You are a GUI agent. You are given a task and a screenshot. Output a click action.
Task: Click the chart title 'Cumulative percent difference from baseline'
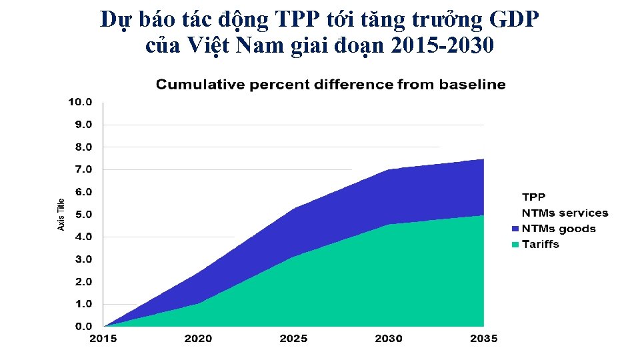[x=330, y=85]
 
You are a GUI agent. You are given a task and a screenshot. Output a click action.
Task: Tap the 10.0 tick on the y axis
[x=79, y=102]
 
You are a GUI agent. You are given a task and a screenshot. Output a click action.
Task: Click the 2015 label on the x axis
[x=103, y=339]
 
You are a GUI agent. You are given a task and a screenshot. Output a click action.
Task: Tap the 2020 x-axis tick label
[x=198, y=339]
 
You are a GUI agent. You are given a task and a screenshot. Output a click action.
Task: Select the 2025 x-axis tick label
[x=293, y=339]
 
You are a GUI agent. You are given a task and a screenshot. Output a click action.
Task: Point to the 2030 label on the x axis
[x=389, y=339]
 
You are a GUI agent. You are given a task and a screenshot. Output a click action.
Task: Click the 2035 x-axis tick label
[x=483, y=339]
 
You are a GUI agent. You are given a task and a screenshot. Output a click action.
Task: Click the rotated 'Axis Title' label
[x=61, y=215]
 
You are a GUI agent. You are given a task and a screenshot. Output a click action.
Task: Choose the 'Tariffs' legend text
[x=541, y=244]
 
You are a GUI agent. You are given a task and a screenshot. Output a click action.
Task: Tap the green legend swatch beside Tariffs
[x=515, y=245]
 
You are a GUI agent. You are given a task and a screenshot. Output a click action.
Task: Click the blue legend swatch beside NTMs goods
[x=515, y=229]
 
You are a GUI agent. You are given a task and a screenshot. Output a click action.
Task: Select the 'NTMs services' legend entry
[x=565, y=213]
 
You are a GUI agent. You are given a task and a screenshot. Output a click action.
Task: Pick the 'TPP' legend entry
[x=533, y=197]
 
